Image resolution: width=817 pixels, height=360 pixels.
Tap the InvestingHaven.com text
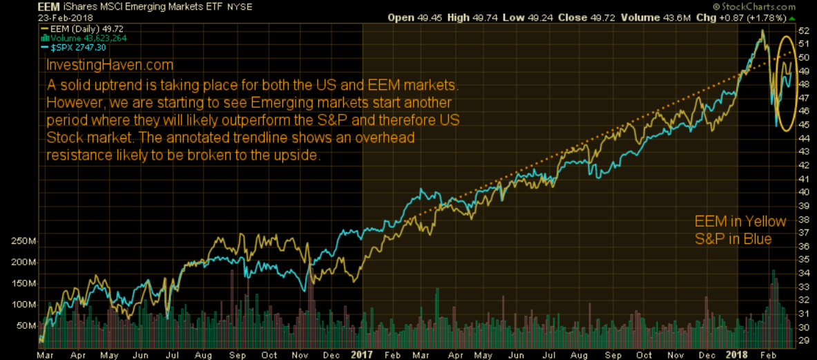pyautogui.click(x=110, y=65)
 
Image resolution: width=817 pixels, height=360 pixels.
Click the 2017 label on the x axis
pyautogui.click(x=361, y=354)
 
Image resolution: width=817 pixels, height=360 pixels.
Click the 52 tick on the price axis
pyautogui.click(x=803, y=31)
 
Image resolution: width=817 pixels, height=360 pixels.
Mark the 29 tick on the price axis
pyautogui.click(x=803, y=340)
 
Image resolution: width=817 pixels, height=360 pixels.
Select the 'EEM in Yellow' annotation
pyautogui.click(x=740, y=222)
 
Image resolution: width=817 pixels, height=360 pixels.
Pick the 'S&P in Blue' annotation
pyautogui.click(x=732, y=239)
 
